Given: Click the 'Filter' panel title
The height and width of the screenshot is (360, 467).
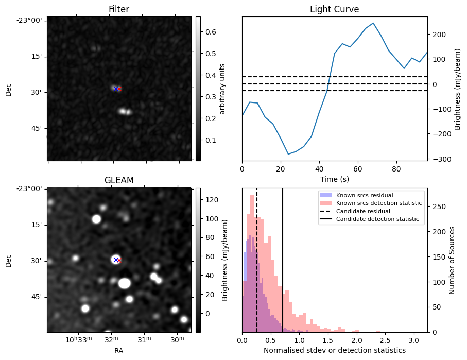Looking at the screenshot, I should [118, 9].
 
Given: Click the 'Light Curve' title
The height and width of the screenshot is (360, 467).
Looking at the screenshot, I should [334, 9].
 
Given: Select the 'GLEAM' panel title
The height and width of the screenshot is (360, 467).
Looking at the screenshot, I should [118, 180].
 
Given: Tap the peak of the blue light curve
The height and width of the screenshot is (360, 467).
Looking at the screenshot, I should [373, 23].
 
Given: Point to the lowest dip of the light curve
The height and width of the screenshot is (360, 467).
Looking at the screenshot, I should [288, 154].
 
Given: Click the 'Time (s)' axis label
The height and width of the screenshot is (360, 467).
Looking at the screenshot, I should [334, 179].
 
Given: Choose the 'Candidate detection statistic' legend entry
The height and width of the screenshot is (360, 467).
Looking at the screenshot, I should [377, 219].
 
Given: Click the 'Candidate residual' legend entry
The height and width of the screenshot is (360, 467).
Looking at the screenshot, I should [363, 212].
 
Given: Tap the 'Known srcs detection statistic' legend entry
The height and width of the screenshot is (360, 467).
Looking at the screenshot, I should [378, 203].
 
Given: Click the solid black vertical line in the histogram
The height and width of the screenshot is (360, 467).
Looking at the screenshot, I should [283, 268].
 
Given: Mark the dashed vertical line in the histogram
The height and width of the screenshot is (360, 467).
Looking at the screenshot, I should [257, 268].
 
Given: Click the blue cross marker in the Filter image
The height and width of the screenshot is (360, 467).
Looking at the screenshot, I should [116, 89].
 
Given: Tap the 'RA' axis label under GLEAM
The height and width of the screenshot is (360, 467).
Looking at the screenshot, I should [118, 351].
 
